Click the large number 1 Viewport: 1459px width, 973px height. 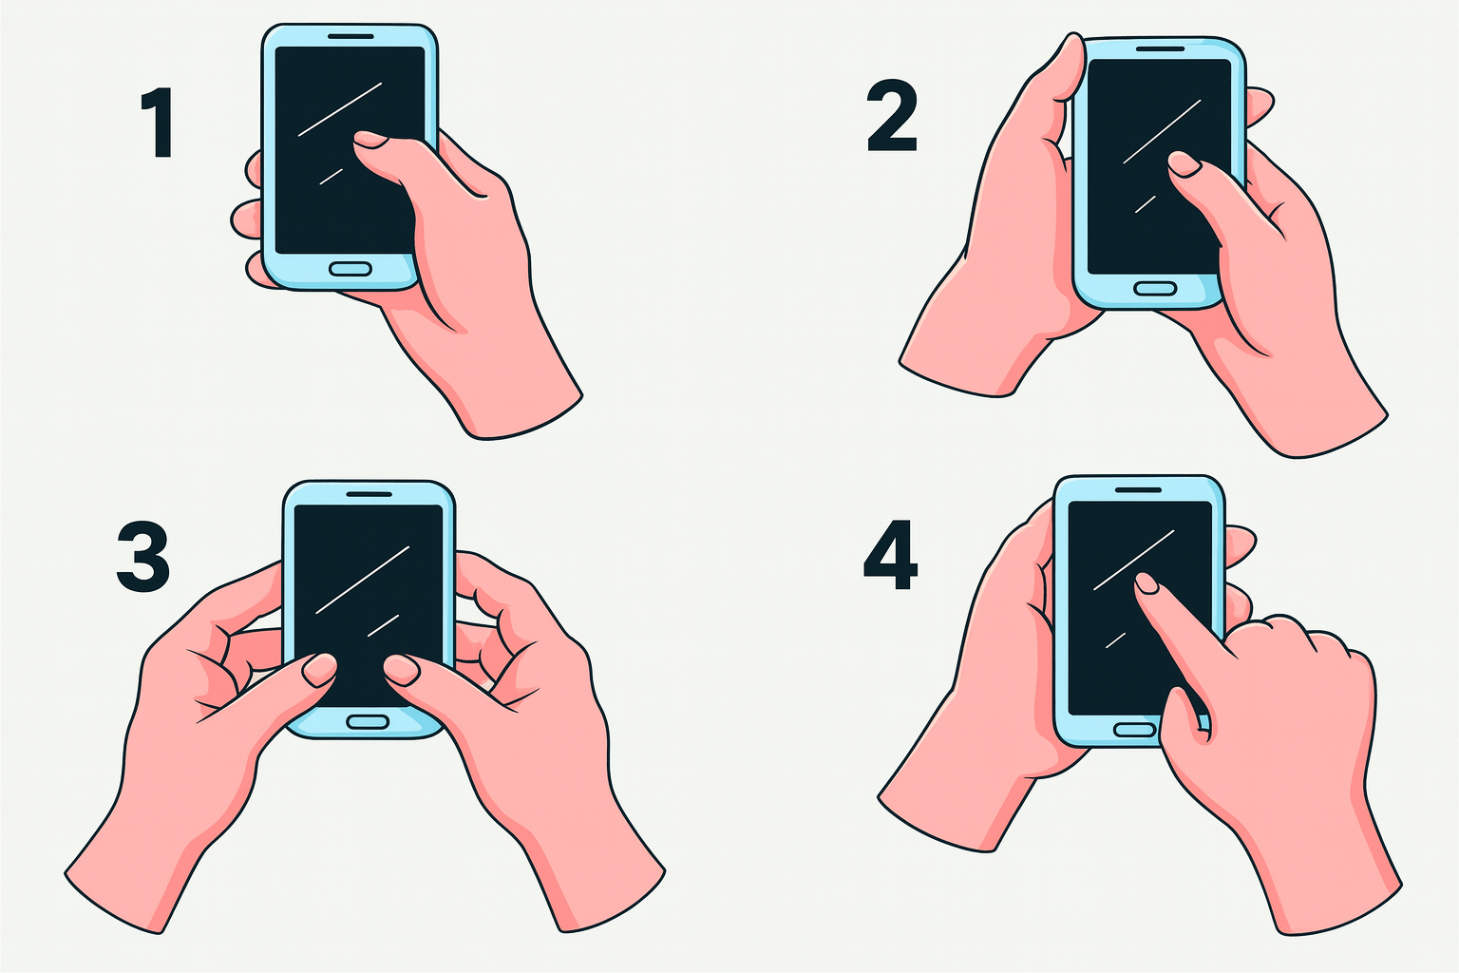click(159, 123)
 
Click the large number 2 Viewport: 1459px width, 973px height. click(892, 118)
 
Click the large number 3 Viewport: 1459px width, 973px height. click(143, 556)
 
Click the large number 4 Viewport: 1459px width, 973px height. click(890, 555)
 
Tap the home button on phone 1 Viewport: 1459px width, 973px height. click(351, 269)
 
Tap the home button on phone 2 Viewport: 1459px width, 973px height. click(1155, 289)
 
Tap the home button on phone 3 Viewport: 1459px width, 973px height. click(368, 721)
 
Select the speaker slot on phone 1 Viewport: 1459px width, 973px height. click(351, 36)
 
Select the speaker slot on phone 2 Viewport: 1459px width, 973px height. click(1160, 48)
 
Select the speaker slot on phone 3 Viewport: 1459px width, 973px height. click(369, 494)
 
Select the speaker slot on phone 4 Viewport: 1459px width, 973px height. click(1139, 490)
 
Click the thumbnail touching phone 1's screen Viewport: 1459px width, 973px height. click(369, 139)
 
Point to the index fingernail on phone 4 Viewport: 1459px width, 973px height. click(1147, 583)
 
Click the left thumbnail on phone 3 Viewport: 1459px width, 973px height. click(320, 670)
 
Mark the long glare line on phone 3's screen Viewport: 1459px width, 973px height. click(363, 580)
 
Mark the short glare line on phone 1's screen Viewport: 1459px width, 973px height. click(331, 177)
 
